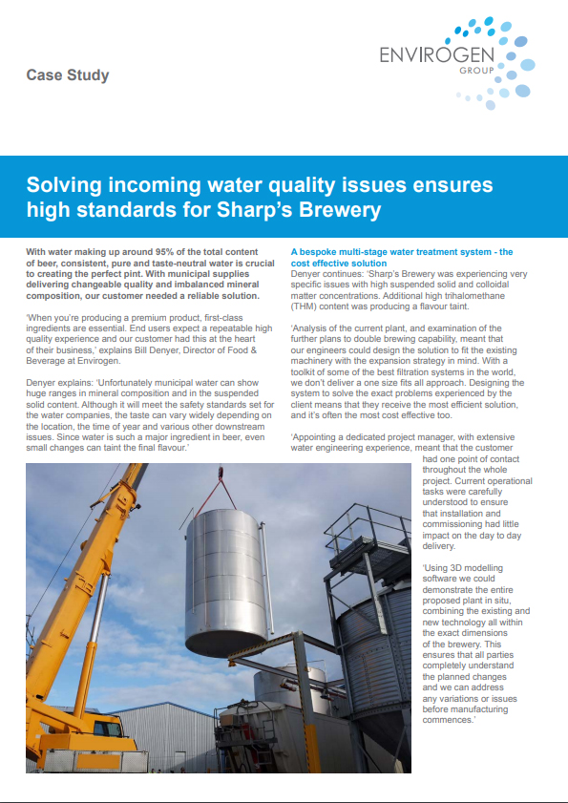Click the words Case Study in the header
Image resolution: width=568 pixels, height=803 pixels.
pos(67,74)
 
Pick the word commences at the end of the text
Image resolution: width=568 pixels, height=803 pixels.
pos(448,719)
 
